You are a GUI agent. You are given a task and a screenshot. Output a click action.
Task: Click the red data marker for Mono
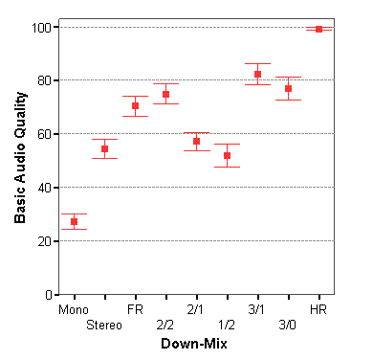(x=74, y=221)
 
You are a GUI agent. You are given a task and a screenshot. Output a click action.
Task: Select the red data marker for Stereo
(x=104, y=148)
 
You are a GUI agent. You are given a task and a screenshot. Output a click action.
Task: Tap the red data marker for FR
(x=135, y=105)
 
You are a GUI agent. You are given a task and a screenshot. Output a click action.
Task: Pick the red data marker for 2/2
(x=165, y=94)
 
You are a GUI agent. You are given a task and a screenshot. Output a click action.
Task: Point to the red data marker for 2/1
(x=196, y=141)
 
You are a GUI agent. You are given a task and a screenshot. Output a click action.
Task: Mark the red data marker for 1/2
(x=227, y=155)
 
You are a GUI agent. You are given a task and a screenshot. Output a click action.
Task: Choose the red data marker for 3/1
(x=257, y=74)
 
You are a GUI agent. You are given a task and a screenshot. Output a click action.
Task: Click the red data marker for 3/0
(x=288, y=88)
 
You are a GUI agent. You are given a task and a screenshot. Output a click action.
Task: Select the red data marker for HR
(x=318, y=29)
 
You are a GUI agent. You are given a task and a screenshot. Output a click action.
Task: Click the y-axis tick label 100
(x=39, y=27)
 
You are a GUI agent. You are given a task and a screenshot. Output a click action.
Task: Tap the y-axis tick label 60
(x=42, y=134)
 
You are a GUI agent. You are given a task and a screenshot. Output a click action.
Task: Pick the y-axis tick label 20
(x=42, y=241)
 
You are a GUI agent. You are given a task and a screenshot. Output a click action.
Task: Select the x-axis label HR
(x=318, y=309)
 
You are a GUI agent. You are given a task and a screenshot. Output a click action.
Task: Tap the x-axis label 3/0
(x=288, y=326)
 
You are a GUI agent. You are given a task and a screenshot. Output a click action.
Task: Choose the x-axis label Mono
(x=74, y=309)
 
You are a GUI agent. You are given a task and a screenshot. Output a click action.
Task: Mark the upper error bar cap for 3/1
(x=257, y=64)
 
